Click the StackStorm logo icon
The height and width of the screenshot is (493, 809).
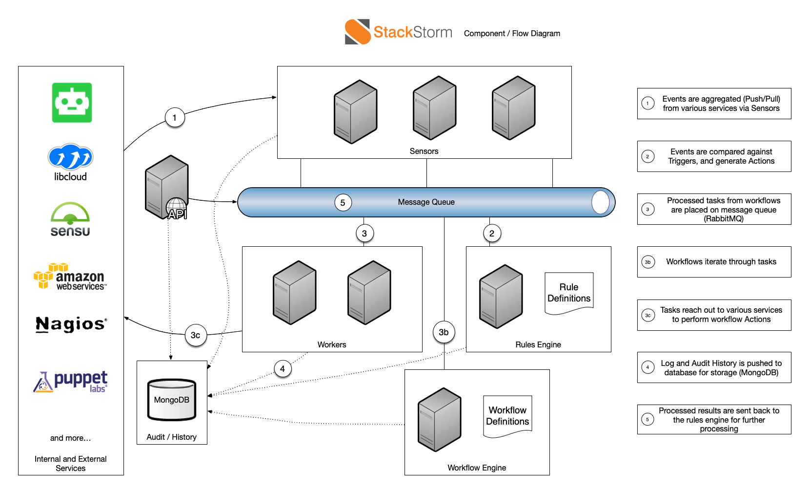click(x=358, y=32)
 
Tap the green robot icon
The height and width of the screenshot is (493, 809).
click(x=72, y=103)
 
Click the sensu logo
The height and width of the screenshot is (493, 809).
click(x=70, y=220)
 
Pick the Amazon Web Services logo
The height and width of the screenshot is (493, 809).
click(x=70, y=277)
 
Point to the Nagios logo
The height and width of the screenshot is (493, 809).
click(x=71, y=324)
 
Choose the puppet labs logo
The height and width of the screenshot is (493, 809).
click(x=71, y=381)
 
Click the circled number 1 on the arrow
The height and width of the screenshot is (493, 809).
click(x=175, y=118)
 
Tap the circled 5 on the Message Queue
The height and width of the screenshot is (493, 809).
click(x=343, y=203)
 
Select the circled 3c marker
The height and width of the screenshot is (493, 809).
click(x=196, y=335)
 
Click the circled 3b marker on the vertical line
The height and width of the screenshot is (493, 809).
click(x=444, y=332)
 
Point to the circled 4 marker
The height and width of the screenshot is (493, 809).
click(x=283, y=369)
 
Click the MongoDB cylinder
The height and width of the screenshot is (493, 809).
click(x=172, y=400)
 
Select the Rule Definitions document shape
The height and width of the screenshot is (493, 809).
click(x=569, y=293)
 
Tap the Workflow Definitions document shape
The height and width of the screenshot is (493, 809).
click(x=507, y=416)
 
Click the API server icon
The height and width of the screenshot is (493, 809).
click(x=167, y=188)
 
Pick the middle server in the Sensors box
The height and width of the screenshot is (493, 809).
click(x=434, y=108)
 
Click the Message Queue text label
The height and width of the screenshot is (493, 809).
click(x=426, y=202)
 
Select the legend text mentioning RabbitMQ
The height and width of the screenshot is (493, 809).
click(x=723, y=210)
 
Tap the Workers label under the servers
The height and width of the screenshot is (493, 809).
click(x=332, y=344)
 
